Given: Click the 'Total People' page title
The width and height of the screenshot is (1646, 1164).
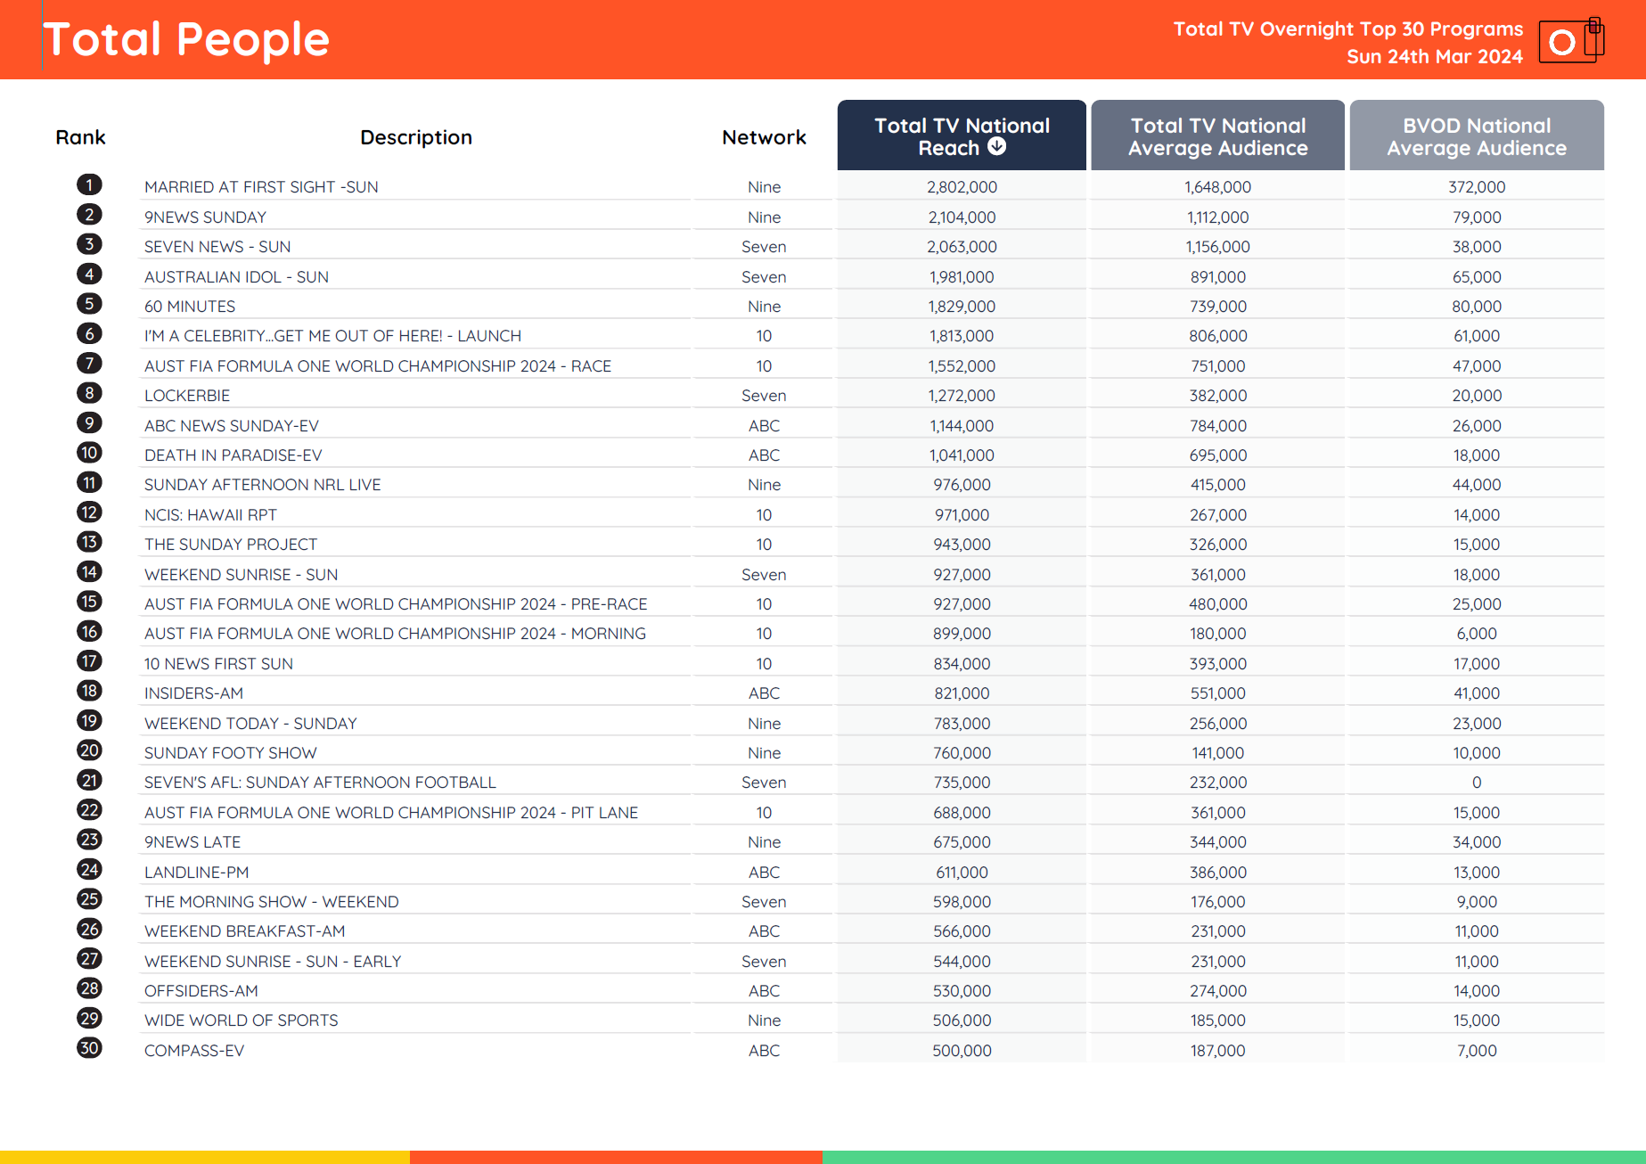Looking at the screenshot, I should click(186, 40).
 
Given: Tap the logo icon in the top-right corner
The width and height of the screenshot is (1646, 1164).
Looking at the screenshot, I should click(1570, 40).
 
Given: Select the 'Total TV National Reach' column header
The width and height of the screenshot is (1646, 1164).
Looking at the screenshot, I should click(961, 135).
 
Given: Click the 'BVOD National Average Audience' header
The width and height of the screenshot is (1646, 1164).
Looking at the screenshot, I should click(1476, 135).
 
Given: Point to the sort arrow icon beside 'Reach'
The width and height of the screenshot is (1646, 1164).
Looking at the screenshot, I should click(997, 147).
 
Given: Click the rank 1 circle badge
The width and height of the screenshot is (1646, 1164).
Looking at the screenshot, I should click(89, 184).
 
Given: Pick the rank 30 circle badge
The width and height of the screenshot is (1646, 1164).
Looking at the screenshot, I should click(89, 1048).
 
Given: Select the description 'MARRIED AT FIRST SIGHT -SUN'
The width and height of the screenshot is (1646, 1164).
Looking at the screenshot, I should click(261, 187).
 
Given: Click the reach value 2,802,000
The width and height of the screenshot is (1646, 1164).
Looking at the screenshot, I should click(962, 187).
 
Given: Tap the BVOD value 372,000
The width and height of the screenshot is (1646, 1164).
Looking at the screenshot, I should click(1476, 187).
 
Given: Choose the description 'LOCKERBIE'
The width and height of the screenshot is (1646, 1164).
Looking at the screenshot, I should click(187, 396).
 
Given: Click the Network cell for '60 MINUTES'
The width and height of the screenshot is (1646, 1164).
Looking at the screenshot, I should click(764, 307).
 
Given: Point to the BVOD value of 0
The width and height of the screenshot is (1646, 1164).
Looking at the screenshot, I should click(1476, 783).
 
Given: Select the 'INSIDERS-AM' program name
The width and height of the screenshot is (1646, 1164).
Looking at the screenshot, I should click(193, 693).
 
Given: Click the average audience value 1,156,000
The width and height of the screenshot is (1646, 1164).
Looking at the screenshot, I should click(1217, 247).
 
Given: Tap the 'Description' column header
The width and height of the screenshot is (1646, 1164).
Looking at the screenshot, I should click(415, 137).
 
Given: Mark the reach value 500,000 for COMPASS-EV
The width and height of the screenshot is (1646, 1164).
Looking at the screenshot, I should click(962, 1051).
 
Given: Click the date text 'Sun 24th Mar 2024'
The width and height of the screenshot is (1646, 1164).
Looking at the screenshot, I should click(1434, 57).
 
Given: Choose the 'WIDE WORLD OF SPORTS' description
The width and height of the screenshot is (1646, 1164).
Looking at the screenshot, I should click(241, 1021).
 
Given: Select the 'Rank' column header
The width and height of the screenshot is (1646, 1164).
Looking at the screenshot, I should click(80, 137).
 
